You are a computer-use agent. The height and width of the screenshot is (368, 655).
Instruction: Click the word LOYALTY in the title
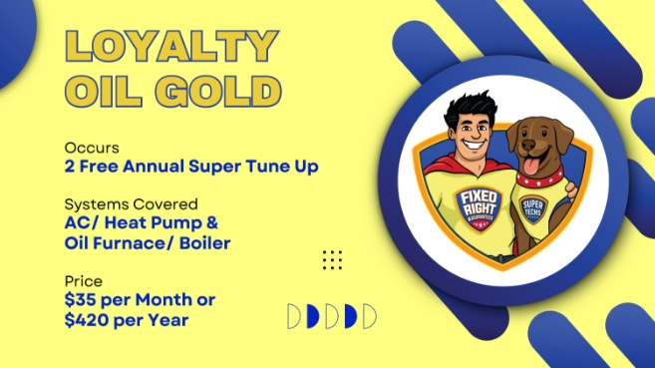click(170, 47)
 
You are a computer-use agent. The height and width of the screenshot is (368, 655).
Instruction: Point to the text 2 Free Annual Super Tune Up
click(190, 167)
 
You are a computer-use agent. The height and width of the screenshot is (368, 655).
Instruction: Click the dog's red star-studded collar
click(535, 185)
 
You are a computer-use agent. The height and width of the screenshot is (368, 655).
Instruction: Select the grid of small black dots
click(333, 259)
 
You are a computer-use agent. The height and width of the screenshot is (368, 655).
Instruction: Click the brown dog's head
click(535, 140)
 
